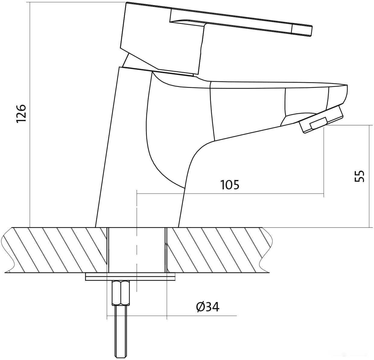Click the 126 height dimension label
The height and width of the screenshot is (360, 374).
click(21, 113)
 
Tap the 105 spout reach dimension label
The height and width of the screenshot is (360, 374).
click(230, 185)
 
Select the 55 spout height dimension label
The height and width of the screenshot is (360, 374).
click(359, 176)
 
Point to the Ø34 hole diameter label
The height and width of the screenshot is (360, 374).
click(208, 307)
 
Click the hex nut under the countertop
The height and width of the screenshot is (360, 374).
click(121, 293)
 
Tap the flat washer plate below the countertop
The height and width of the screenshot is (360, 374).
click(130, 276)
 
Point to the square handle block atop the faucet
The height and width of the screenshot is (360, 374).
click(162, 38)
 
